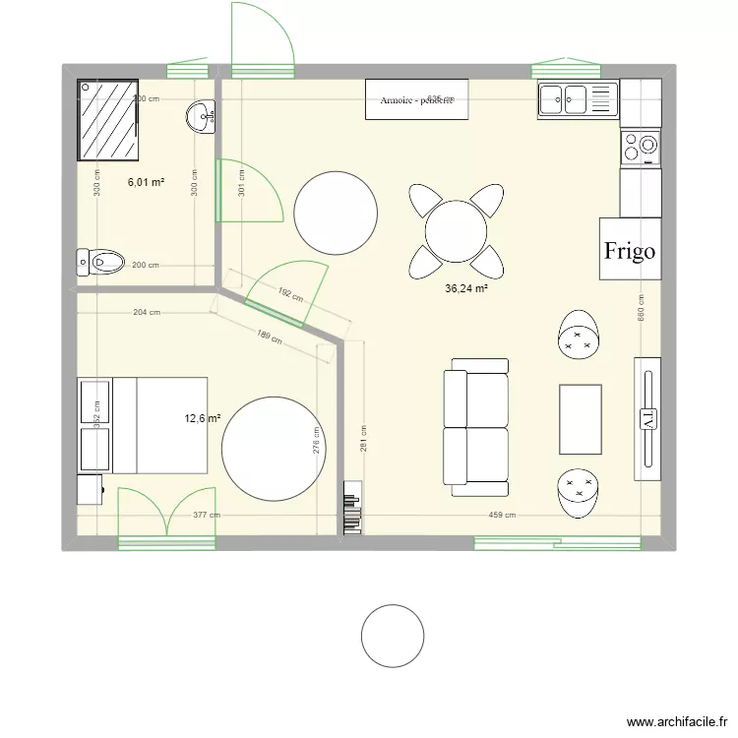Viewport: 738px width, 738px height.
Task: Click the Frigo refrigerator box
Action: [630, 250]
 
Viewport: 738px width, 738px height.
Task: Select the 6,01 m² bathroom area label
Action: [146, 182]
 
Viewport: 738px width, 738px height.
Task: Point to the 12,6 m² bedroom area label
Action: [202, 417]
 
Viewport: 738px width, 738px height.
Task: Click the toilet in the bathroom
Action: [101, 262]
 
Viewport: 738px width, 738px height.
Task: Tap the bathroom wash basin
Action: [202, 117]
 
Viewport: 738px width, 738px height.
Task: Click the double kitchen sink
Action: [577, 96]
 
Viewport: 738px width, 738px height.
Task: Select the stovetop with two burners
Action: [641, 148]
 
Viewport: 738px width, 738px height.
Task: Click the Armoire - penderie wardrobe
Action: [416, 100]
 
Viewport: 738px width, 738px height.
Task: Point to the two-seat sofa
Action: [476, 427]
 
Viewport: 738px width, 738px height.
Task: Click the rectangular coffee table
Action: [581, 419]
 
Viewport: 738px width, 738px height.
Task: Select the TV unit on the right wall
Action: [647, 418]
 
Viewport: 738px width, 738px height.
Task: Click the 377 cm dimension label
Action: [206, 515]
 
